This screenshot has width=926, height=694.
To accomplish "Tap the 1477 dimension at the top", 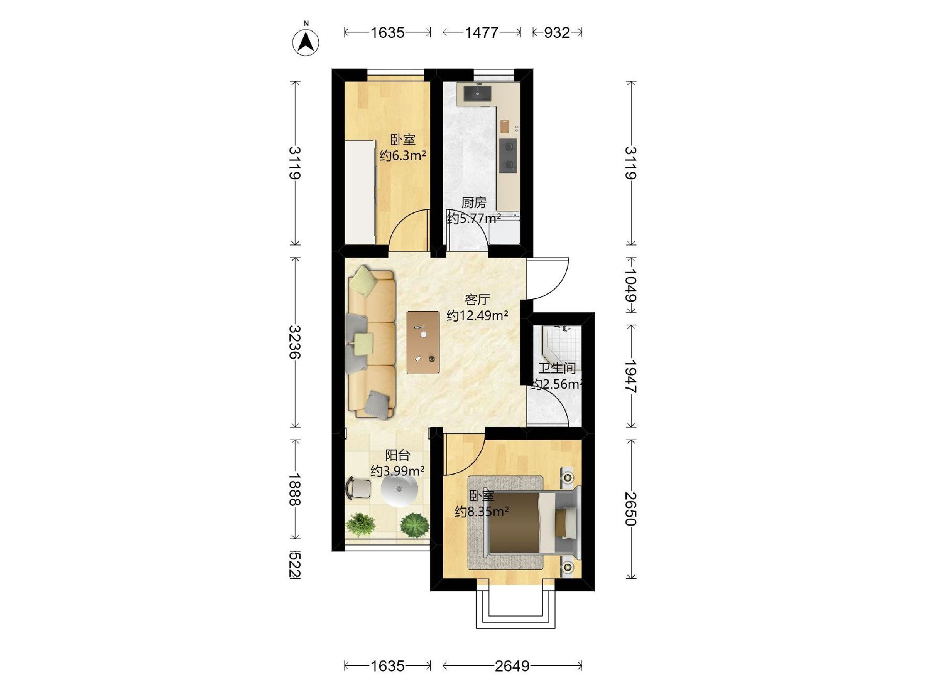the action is pos(482,33).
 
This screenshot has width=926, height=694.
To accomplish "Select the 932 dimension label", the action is pos(557,33).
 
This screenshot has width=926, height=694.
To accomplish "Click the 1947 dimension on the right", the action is pos(630,376).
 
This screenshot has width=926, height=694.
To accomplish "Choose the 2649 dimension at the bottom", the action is pos(512,666).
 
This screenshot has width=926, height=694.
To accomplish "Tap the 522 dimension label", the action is pos(295,565).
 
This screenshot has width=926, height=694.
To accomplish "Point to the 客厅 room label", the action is pos(477,300).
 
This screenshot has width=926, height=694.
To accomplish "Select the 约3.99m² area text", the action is pos(398,471).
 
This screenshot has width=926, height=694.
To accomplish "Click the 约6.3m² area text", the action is pos(403,156).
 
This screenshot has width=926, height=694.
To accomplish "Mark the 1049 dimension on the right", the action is pos(630,285).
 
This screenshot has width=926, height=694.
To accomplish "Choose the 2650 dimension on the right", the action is pos(630,509).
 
